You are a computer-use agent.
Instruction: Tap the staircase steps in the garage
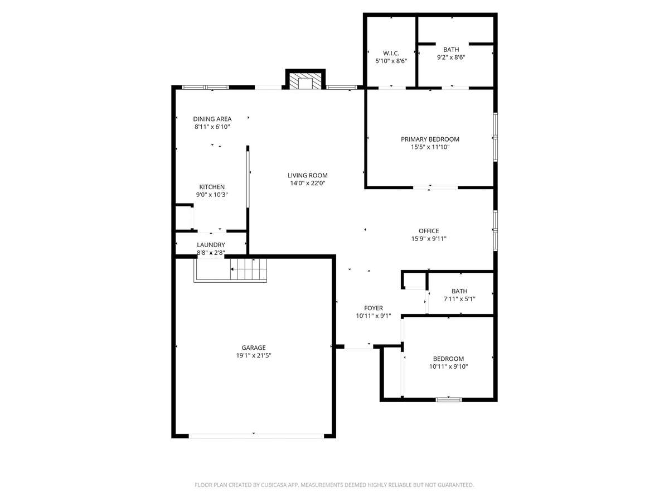pos(248,269)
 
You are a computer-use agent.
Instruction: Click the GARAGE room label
pos(253,347)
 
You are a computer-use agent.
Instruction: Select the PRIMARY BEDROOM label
pos(430,139)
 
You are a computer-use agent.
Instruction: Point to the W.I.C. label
pos(391,53)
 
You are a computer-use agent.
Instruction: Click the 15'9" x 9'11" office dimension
pos(429,239)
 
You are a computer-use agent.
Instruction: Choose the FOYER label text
pos(374,308)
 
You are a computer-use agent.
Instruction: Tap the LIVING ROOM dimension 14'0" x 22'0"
pos(308,183)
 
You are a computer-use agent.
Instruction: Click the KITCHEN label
pos(212,187)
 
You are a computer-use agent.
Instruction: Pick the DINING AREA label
pos(212,119)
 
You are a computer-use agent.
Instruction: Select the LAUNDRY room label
pos(211,245)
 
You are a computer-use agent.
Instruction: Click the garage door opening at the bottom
pos(256,436)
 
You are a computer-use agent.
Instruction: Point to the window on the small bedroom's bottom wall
pos(448,399)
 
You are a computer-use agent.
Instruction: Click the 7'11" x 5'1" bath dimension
pos(459,299)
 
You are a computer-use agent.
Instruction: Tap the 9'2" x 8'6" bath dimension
pos(451,57)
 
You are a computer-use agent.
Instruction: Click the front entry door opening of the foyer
pos(358,346)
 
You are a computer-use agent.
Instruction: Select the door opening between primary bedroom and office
pos(435,187)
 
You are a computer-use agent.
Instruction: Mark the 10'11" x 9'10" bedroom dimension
pos(448,366)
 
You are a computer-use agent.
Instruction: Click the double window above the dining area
pos(205,88)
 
